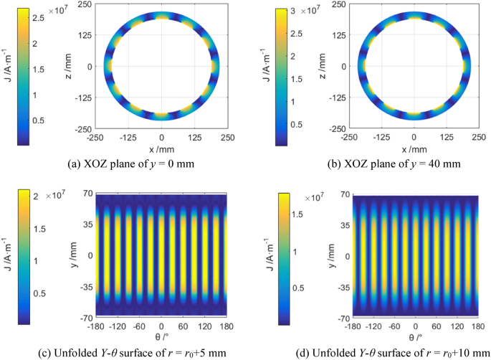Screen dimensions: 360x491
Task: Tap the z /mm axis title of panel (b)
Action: click(323, 66)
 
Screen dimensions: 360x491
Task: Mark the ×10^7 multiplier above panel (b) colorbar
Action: click(311, 10)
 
